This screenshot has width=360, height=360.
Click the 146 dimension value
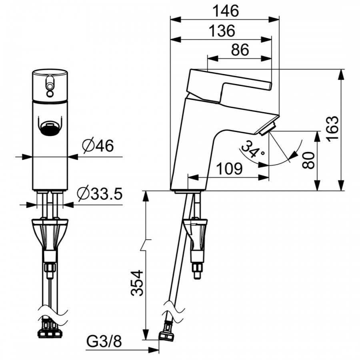click(x=226, y=11)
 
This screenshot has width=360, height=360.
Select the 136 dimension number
click(x=222, y=30)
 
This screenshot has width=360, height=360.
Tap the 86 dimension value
click(x=240, y=50)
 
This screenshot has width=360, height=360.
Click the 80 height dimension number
click(x=308, y=160)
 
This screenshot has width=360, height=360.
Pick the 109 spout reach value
click(x=229, y=169)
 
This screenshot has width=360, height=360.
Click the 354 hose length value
click(x=137, y=283)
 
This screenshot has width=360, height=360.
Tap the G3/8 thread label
click(x=104, y=342)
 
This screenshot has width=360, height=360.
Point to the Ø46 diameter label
click(x=98, y=146)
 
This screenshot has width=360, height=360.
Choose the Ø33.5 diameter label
click(x=100, y=194)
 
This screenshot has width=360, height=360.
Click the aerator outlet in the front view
click(x=50, y=128)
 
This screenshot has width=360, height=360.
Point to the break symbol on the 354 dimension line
click(x=146, y=245)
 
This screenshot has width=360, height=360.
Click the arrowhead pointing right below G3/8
click(x=154, y=350)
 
